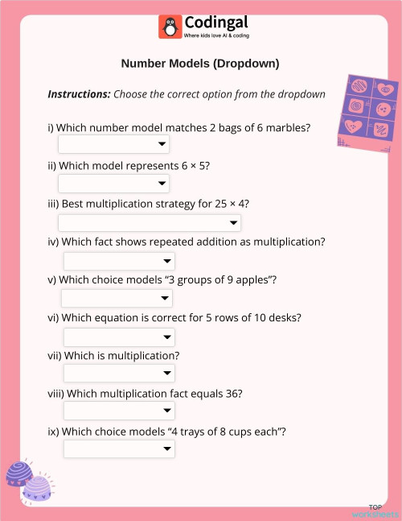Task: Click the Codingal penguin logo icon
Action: coord(170,27)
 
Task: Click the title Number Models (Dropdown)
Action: coord(200,63)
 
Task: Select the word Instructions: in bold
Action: coord(79,94)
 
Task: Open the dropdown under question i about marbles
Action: coord(113,144)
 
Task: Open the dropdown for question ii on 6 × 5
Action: coord(113,184)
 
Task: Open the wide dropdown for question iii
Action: coord(150,223)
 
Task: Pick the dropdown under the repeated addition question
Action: coord(119,261)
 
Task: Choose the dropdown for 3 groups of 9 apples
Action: coord(117,299)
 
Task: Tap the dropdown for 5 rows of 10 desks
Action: coord(119,337)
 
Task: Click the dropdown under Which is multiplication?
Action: coord(119,374)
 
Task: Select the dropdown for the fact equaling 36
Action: coord(119,411)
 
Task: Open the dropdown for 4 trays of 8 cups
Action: coord(119,449)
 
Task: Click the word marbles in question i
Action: coord(287,128)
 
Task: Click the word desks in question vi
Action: coord(282,317)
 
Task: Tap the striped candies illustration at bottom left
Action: coord(29,481)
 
